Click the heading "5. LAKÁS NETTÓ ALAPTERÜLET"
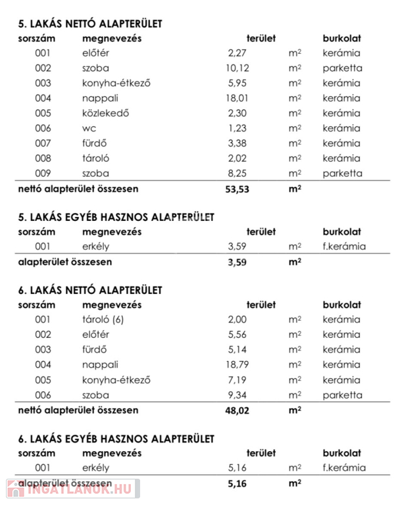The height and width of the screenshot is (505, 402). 90,24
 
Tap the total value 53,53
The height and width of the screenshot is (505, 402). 238,189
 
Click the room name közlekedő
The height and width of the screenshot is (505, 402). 105,113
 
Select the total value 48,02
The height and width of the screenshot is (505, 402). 238,410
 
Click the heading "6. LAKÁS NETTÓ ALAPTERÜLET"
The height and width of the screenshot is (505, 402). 90,290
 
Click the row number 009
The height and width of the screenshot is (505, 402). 43,174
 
